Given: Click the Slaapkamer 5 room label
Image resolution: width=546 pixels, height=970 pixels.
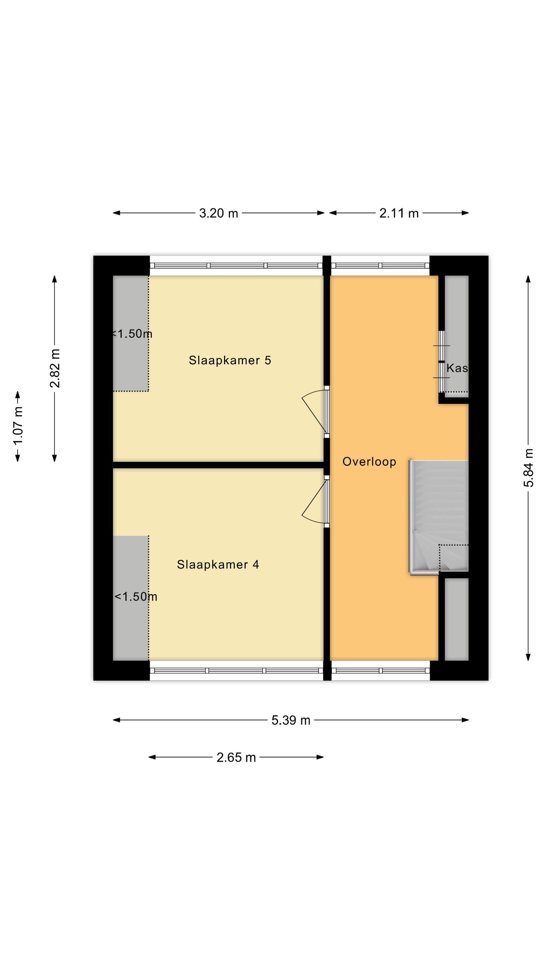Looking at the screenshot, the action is click(230, 361).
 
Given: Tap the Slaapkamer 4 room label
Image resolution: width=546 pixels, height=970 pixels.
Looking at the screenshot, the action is click(218, 565).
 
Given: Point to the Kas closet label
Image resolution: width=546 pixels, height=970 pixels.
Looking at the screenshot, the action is click(457, 368).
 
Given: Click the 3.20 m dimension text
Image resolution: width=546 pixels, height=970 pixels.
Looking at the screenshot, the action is click(219, 213).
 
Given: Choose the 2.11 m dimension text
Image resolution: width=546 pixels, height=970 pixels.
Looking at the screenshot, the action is click(399, 213).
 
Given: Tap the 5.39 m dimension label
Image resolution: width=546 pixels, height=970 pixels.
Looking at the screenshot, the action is click(291, 720).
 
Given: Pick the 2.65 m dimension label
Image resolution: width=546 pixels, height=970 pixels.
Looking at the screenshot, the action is click(236, 757).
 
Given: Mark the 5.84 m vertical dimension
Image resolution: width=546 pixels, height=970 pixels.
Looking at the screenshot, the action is click(528, 467).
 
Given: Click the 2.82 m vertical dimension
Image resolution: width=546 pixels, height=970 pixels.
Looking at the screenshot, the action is click(55, 368).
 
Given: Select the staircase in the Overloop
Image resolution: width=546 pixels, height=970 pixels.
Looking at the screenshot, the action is click(439, 517).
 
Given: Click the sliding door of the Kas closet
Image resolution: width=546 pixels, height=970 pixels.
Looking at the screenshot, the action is click(441, 361).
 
